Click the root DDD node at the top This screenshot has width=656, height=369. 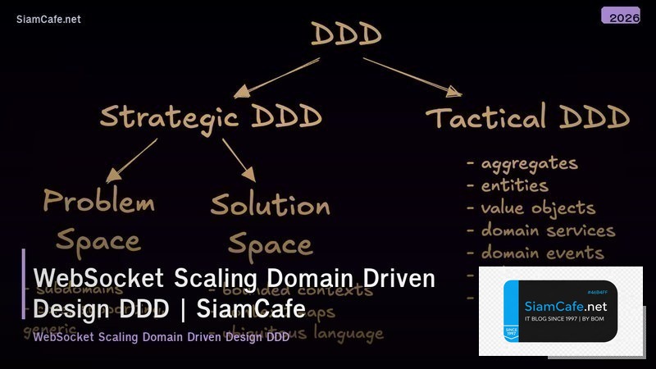click(346, 34)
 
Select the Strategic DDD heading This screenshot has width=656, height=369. click(211, 116)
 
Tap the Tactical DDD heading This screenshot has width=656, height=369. click(528, 118)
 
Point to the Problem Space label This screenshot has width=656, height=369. click(98, 220)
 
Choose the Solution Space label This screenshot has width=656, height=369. click(270, 223)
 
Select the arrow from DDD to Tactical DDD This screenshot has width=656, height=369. click(412, 75)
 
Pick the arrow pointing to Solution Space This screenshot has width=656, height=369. click(239, 160)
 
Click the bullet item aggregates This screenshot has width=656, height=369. click(528, 163)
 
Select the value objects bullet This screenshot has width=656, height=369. click(537, 208)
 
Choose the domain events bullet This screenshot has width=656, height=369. click(541, 253)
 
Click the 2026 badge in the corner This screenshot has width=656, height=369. click(621, 16)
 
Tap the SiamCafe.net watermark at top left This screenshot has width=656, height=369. click(48, 20)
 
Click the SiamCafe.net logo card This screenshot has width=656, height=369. click(561, 312)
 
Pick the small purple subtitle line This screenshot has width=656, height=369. click(161, 337)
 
